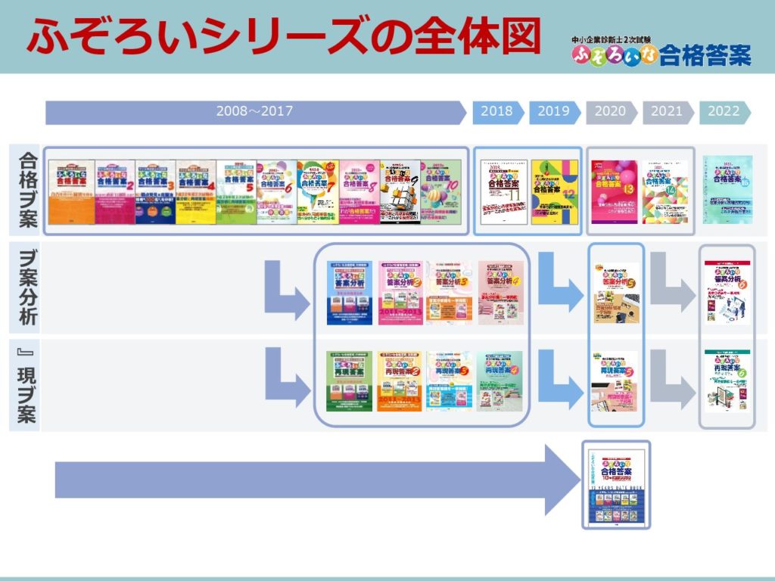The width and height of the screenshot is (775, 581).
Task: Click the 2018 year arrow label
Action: pos(496,111)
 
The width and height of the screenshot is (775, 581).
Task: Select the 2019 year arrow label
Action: pos(553,111)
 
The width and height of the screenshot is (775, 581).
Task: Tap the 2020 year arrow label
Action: pos(610,111)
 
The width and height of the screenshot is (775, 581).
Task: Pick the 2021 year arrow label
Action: pos(667,111)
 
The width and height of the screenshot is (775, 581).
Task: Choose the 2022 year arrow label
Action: pos(724,111)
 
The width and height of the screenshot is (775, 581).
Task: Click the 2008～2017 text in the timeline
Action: pos(254,111)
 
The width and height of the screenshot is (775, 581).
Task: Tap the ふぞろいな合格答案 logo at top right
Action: pos(661,50)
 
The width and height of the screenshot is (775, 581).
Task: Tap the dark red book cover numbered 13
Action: pos(615,191)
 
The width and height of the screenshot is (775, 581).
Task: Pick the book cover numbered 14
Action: pos(666,191)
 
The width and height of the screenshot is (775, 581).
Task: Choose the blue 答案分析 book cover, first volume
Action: pos(349,293)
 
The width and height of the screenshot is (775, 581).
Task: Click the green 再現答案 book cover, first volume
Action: pos(349,381)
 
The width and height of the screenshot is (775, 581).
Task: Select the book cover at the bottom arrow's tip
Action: pos(615,485)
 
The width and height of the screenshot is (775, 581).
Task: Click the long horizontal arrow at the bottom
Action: pos(303,480)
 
